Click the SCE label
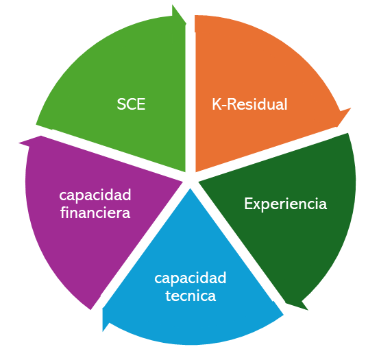131,104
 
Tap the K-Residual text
249,104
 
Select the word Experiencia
286,204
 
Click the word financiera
95,213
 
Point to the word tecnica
191,296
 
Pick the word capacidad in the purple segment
95,195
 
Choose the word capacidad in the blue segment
191,278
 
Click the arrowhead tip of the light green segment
186,24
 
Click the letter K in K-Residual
217,104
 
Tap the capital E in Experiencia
248,204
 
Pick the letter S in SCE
121,104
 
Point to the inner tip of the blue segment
190,189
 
